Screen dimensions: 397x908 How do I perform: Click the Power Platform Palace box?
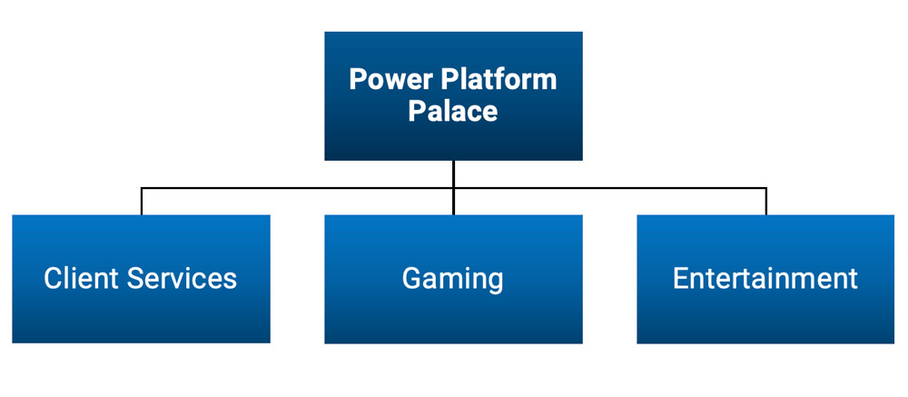(453, 136)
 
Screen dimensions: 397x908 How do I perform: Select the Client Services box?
(141, 313)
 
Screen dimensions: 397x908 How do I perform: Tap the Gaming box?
(453, 313)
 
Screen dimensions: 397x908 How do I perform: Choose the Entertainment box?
(765, 313)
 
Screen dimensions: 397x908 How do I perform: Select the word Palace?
(453, 112)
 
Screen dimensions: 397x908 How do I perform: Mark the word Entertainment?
(765, 278)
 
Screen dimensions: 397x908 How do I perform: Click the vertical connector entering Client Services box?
(142, 203)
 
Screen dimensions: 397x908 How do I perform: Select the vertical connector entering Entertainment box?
(766, 203)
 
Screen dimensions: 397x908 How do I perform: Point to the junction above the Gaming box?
(453, 189)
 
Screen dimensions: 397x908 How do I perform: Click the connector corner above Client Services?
(142, 189)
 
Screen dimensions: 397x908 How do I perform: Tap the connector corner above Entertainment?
(766, 189)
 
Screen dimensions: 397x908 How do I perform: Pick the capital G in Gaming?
(412, 278)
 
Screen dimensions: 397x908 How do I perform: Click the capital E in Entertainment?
(680, 278)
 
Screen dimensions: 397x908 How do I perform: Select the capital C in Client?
(53, 278)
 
